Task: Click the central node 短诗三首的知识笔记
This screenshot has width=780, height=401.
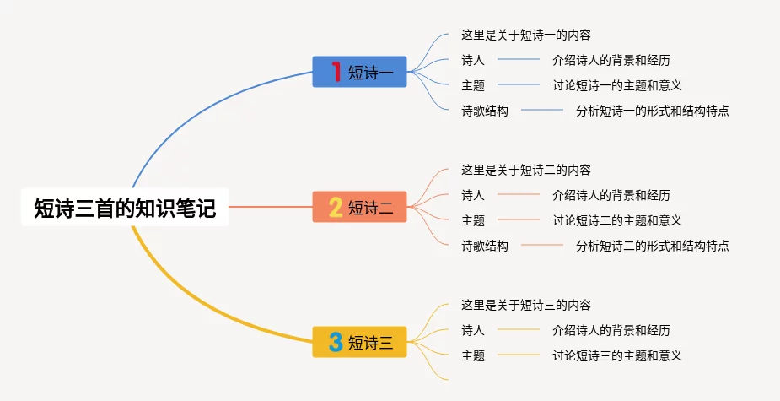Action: coord(125,207)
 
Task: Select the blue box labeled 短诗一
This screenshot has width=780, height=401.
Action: coord(360,72)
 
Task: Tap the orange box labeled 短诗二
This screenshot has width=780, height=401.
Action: coord(360,207)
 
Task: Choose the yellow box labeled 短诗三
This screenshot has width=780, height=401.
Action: coord(360,342)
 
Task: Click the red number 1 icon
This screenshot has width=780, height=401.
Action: coord(336,72)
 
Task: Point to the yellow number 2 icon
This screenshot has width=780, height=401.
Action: coord(336,207)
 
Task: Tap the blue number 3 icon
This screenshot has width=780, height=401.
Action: coord(336,342)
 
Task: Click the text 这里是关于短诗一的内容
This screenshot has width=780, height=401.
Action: coord(526,35)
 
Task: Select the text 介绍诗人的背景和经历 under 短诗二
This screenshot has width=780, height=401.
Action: coord(611,195)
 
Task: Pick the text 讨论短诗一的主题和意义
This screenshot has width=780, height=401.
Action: coord(617,85)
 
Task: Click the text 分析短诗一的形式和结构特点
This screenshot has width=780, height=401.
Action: coord(652,111)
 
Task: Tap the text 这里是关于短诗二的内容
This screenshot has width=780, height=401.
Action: coord(526,170)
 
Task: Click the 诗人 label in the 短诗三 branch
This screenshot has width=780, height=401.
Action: coord(472,330)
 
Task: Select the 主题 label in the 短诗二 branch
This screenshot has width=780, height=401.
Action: coord(472,220)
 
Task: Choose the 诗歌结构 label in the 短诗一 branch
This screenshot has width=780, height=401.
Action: coord(485,111)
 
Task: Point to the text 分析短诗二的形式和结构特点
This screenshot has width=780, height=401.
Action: coord(652,246)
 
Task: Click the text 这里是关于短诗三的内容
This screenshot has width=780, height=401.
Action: coord(526,305)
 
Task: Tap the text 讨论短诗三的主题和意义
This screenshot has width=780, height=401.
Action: coord(617,355)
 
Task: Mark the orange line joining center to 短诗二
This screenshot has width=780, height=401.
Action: coord(271,207)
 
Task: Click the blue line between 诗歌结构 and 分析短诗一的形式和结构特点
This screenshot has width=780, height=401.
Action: coord(542,110)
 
